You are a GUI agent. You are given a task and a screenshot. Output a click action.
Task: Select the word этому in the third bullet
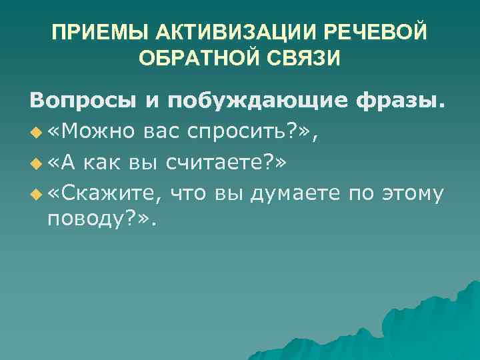pos(411,193)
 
